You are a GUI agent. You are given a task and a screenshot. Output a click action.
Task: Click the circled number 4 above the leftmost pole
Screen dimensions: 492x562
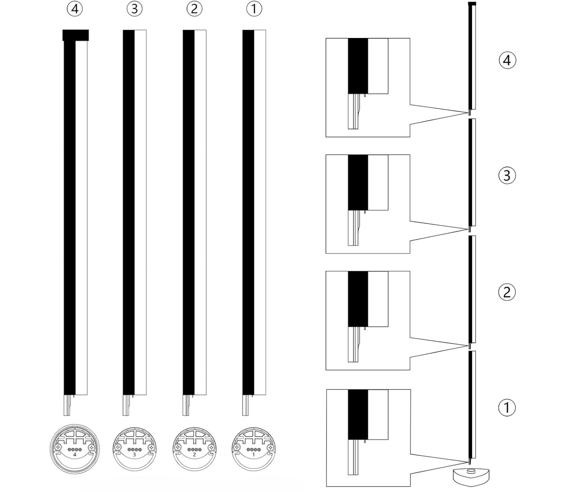click(74, 9)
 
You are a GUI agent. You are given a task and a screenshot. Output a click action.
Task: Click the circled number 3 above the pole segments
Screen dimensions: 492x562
click(134, 9)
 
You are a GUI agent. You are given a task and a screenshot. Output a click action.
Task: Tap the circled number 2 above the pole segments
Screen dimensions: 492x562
click(194, 9)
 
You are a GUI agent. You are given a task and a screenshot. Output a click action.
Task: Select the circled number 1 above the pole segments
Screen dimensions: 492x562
click(254, 9)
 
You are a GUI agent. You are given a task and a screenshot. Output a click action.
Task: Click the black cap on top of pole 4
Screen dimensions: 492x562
click(76, 35)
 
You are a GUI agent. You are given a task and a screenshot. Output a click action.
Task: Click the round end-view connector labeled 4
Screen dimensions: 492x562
click(74, 449)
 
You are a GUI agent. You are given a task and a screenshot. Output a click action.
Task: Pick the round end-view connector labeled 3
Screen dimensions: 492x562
click(134, 449)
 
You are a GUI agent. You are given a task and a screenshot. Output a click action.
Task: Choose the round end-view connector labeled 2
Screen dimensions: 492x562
click(194, 449)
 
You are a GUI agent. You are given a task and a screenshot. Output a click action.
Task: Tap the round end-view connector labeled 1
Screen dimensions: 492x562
click(254, 449)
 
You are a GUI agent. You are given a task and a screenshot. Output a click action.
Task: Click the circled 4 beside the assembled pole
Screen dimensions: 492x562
click(507, 60)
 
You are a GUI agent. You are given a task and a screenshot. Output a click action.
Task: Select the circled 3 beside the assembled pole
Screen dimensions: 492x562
click(507, 175)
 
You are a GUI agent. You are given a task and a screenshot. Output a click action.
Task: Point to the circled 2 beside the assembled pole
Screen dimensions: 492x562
click(507, 292)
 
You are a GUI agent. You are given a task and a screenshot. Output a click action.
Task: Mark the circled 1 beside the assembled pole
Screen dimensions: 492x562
click(507, 408)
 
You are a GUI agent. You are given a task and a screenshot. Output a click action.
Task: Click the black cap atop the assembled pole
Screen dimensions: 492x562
click(472, 4)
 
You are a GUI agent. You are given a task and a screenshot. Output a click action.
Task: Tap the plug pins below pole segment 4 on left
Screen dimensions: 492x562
click(67, 406)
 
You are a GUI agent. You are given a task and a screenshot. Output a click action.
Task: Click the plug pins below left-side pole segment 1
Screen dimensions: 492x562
click(246, 406)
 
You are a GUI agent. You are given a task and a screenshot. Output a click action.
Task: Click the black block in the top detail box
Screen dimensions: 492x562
click(358, 66)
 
